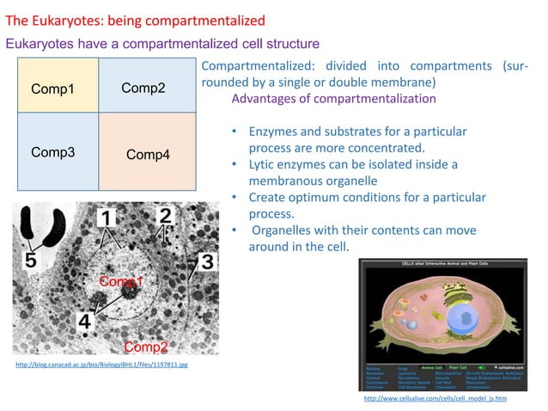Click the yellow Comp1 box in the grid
coord(58,86)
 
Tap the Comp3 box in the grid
coord(58,151)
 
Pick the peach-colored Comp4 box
coord(147,153)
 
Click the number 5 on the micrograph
coord(30,259)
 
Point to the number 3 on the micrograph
coord(206,260)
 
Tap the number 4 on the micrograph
coord(84,322)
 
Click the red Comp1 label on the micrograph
coord(121,281)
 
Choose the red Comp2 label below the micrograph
coord(145,347)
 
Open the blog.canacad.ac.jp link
coord(102,365)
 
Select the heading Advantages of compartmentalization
coord(333,99)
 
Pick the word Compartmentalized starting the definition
coord(252,67)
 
